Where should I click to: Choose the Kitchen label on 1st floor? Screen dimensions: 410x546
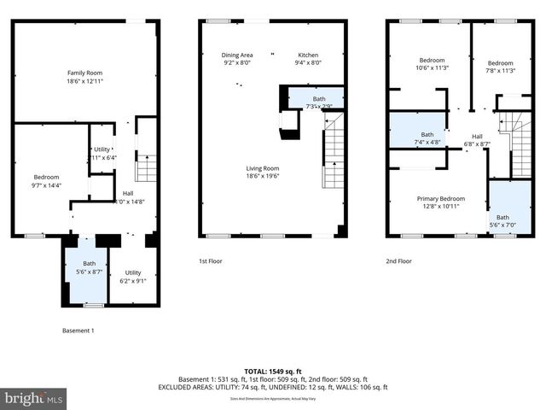[x=308, y=59]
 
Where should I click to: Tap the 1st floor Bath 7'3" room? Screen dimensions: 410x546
[x=318, y=102]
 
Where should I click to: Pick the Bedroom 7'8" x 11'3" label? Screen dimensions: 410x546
[x=500, y=67]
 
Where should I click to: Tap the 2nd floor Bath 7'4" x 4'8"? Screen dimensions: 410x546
[x=427, y=137]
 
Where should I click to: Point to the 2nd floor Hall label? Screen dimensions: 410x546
[x=477, y=140]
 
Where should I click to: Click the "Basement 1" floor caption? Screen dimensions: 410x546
[x=78, y=331]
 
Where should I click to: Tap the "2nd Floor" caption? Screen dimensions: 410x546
[x=399, y=261]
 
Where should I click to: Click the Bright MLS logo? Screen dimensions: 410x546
[x=34, y=398]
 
